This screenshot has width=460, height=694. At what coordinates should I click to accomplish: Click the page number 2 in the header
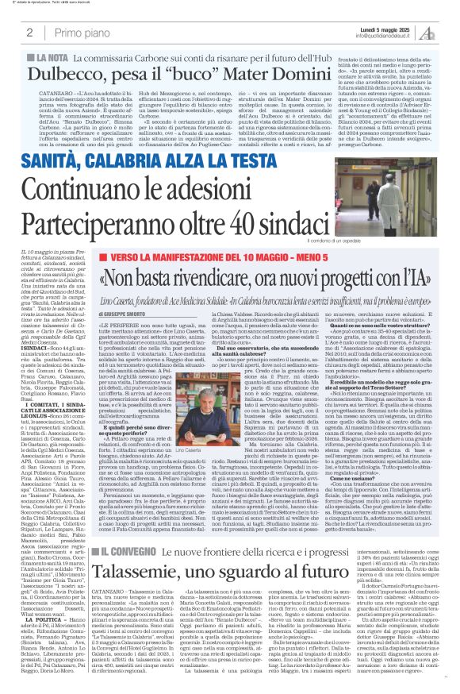tap(29, 33)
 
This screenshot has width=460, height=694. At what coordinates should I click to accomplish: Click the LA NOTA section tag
tap(49, 59)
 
